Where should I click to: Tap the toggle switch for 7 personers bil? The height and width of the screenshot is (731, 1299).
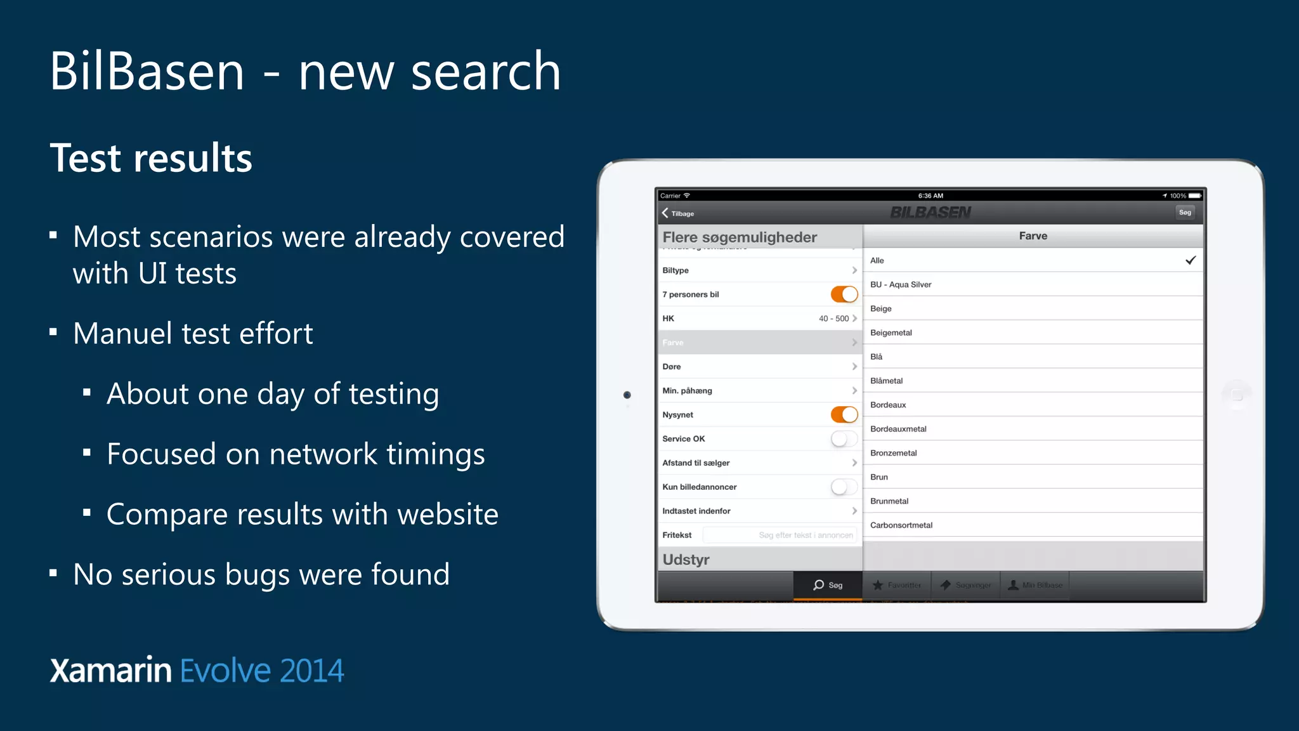pos(844,294)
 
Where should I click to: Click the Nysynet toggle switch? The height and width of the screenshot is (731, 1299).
pos(844,415)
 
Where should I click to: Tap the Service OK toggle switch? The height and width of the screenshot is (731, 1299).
pos(844,438)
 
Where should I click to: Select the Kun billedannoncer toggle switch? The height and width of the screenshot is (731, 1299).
pos(844,487)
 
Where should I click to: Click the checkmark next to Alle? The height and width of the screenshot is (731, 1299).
pos(1191,260)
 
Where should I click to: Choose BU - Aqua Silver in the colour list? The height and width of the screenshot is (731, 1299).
pos(901,285)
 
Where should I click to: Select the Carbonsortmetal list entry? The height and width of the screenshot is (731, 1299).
pos(901,525)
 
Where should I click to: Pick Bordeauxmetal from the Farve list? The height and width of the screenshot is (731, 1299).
pos(898,429)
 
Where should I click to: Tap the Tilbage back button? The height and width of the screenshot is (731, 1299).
pos(678,213)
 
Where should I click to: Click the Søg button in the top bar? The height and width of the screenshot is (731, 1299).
pos(1185,213)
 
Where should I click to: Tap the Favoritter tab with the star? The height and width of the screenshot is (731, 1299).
pos(897,585)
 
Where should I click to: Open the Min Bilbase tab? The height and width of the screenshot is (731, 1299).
pos(1035,585)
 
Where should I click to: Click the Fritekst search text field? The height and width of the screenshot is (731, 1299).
pos(780,535)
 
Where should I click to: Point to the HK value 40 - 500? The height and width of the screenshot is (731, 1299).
pos(833,319)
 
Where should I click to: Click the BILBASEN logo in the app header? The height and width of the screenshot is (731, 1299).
pos(930,213)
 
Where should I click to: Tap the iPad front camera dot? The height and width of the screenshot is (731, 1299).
pos(627,395)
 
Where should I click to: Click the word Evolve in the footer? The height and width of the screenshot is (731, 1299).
pos(225,671)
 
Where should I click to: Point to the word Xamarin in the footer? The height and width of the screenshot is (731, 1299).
pos(111,671)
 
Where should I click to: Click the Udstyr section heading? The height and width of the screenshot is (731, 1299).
pos(686,560)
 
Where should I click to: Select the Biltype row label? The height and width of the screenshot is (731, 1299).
pos(676,270)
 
